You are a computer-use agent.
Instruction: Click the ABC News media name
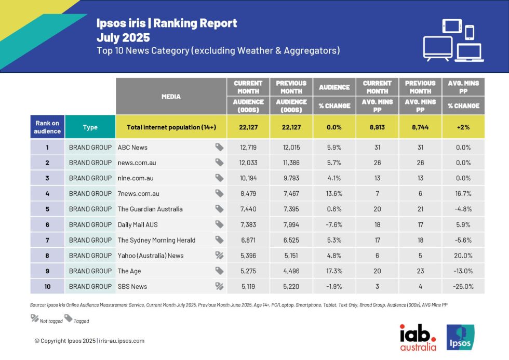(133, 148)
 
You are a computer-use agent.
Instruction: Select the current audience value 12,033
(248, 163)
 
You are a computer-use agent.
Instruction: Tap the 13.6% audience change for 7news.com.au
(334, 194)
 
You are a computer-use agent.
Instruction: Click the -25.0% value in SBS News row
(463, 286)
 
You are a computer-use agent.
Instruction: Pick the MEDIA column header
(171, 97)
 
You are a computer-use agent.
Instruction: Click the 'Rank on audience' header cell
(47, 127)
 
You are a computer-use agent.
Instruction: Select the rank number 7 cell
(47, 240)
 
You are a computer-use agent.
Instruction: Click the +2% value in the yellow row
(463, 127)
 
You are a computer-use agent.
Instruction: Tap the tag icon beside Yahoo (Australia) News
(220, 256)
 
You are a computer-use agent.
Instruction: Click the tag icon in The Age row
(220, 271)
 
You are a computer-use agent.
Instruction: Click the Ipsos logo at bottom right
(460, 337)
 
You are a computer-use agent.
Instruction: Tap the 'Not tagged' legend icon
(35, 318)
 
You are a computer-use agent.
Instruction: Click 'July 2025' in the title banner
(123, 37)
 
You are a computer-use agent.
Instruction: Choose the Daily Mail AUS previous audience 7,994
(291, 224)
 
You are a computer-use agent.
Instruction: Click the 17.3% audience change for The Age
(334, 271)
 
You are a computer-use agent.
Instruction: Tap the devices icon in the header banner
(453, 40)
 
